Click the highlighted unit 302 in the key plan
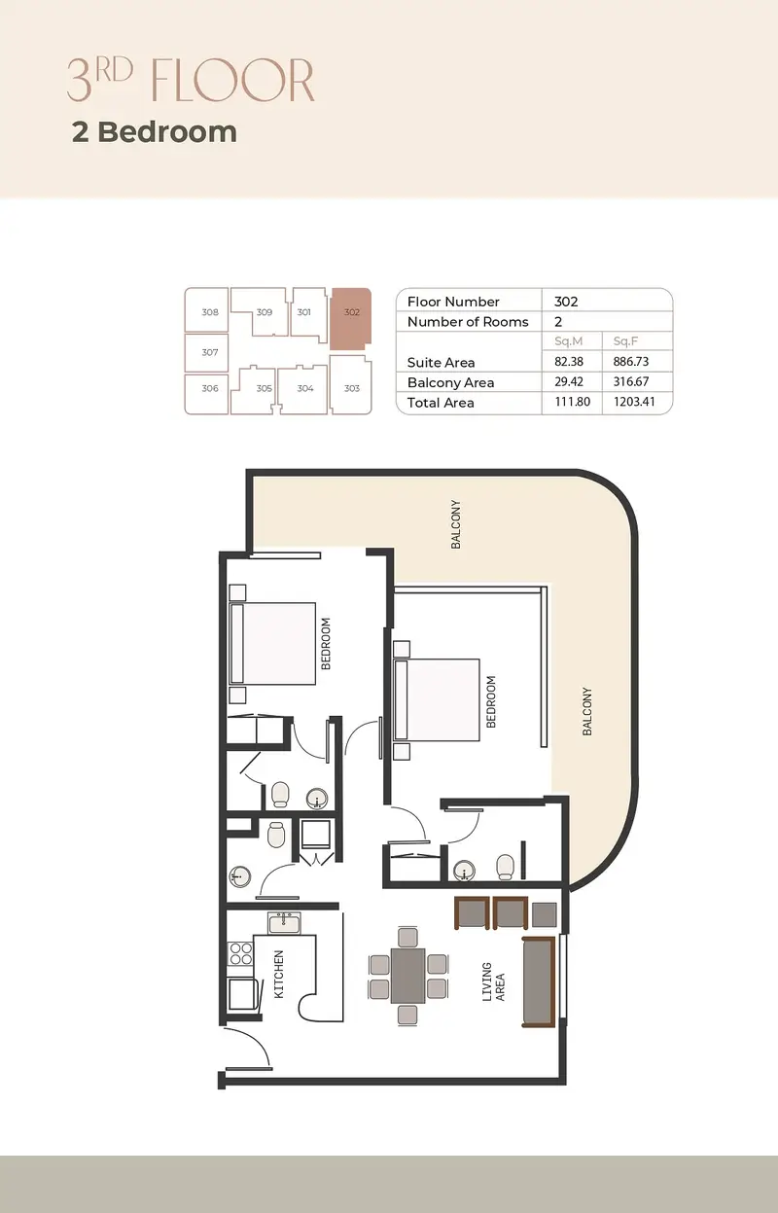click(351, 318)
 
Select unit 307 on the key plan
click(206, 352)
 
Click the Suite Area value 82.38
click(569, 361)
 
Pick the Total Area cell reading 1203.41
click(634, 402)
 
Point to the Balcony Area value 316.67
click(631, 381)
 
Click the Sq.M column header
click(568, 341)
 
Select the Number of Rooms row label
click(468, 322)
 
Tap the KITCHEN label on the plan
click(279, 974)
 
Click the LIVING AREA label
click(493, 981)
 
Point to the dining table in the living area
click(408, 976)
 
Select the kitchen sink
click(284, 923)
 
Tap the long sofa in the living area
click(539, 981)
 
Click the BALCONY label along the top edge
click(456, 524)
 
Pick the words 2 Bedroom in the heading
click(155, 132)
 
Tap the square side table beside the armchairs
click(544, 914)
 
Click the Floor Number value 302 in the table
click(566, 302)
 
